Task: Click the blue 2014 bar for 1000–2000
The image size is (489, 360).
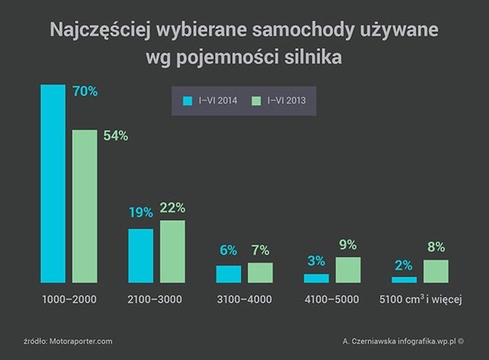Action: pyautogui.click(x=53, y=183)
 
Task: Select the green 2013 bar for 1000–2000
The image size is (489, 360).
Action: pyautogui.click(x=85, y=206)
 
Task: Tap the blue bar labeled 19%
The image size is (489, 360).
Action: pyautogui.click(x=141, y=255)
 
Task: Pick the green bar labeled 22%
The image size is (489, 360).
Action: pyautogui.click(x=173, y=251)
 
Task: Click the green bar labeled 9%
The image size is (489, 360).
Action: pyautogui.click(x=348, y=270)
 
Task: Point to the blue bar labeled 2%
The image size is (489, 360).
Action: pyautogui.click(x=403, y=280)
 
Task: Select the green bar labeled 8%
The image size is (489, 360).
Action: pyautogui.click(x=436, y=271)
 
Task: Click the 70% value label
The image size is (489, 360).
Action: pyautogui.click(x=84, y=92)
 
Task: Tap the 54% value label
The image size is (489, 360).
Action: pyautogui.click(x=115, y=136)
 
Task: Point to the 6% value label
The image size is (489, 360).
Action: pyautogui.click(x=228, y=251)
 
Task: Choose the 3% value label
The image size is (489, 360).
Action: pyautogui.click(x=316, y=261)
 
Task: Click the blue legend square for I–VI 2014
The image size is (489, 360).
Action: pyautogui.click(x=186, y=100)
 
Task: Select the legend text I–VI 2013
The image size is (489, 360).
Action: pyautogui.click(x=287, y=100)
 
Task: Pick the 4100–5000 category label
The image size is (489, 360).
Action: pyautogui.click(x=332, y=300)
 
